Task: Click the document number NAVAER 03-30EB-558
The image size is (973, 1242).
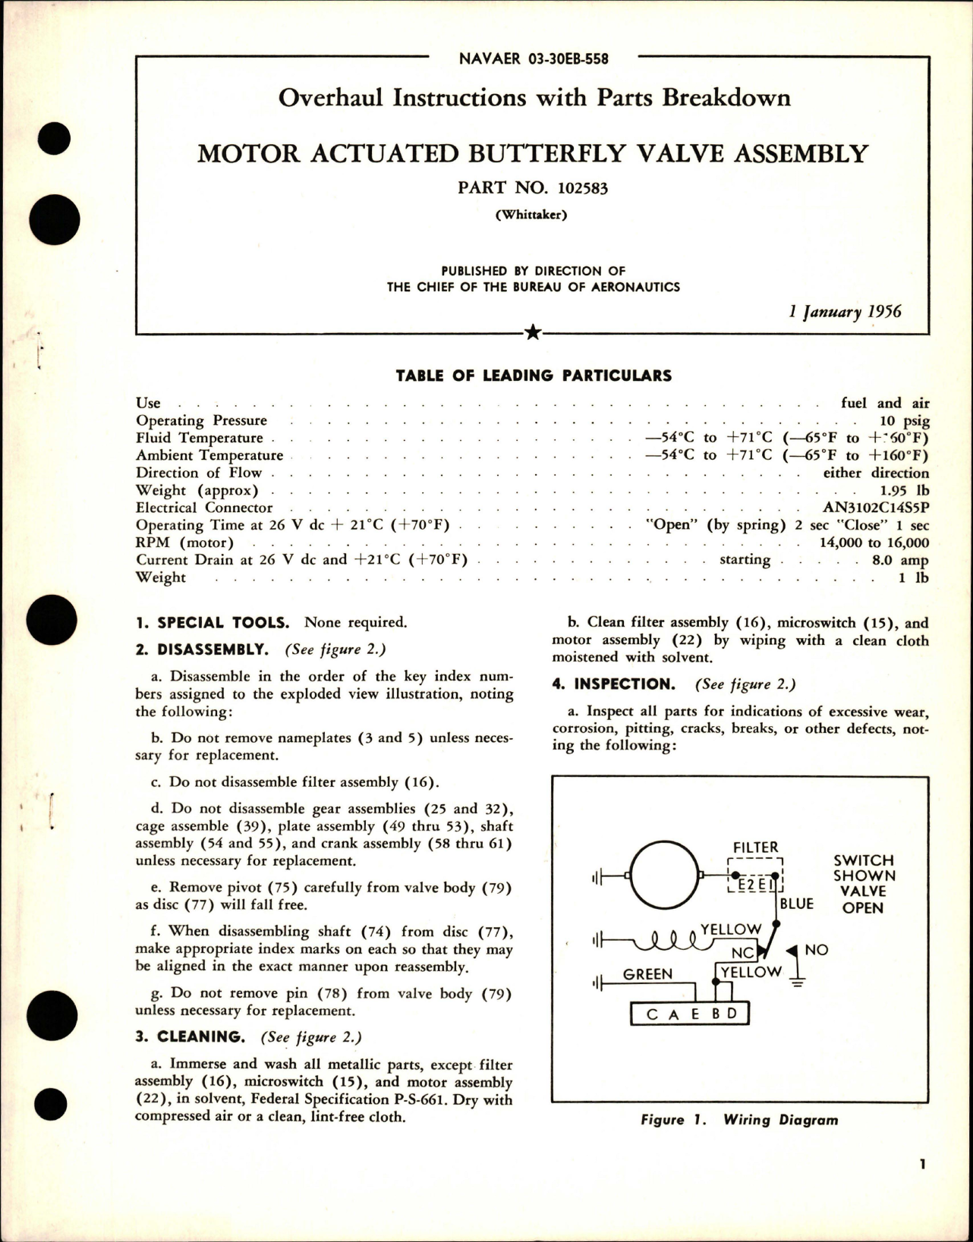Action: coord(534,58)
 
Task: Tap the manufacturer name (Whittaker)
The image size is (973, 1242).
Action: coord(531,215)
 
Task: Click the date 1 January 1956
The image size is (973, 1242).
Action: coord(845,312)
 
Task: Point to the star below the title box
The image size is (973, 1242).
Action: coord(533,332)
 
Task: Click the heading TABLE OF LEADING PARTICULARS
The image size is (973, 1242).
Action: coord(534,376)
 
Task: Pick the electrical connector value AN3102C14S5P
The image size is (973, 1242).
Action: coord(876,508)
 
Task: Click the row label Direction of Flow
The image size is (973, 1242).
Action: coord(199,473)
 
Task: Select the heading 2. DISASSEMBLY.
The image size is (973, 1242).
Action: coord(202,649)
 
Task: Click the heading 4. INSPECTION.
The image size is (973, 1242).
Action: coord(613,684)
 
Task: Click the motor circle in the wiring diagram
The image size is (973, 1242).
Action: coord(664,876)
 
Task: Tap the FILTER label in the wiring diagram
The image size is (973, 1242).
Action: coord(755,847)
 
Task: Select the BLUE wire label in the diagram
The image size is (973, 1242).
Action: coord(796,904)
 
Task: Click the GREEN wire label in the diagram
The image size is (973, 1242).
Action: coord(647,974)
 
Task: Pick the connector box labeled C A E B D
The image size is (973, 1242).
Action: coord(690,1014)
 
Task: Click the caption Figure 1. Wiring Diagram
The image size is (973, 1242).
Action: coord(739,1120)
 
